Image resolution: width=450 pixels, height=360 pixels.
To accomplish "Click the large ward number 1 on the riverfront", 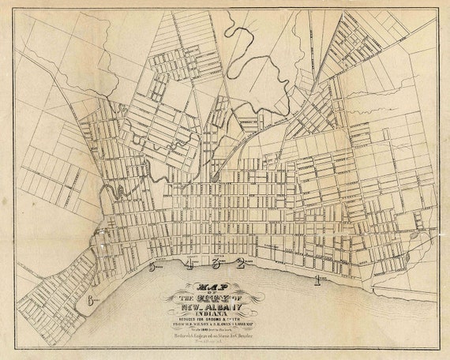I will (317, 279).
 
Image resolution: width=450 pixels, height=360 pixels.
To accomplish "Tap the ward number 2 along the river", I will (240, 264).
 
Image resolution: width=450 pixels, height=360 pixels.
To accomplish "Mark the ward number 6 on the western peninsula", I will (92, 300).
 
